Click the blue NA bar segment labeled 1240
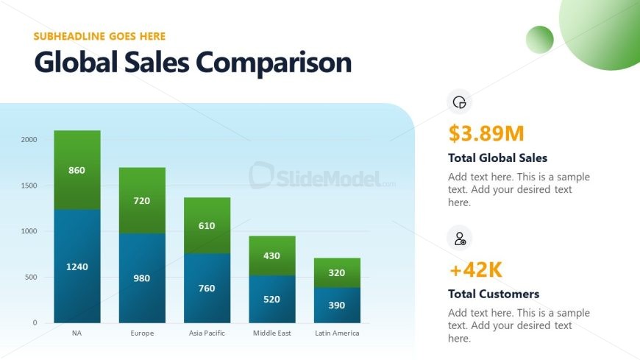coord(77,266)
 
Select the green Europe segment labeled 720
coord(142,200)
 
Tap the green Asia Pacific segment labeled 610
coord(207,225)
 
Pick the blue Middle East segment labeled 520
coord(272,299)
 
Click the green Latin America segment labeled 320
coord(337,272)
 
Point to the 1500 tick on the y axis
coord(29,186)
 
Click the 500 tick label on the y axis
coord(31,277)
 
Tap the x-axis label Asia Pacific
coord(207,333)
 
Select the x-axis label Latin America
coord(337,333)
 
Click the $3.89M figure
coord(486,133)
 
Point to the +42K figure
coord(475,269)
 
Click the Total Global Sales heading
coord(497,158)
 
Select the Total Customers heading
coord(494,294)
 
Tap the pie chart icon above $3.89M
coord(460,102)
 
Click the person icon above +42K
coord(460,239)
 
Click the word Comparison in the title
coord(274,63)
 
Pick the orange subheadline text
coord(99,36)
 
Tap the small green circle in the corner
coord(540,40)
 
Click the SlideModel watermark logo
coord(322,176)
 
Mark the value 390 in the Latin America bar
coord(337,306)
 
